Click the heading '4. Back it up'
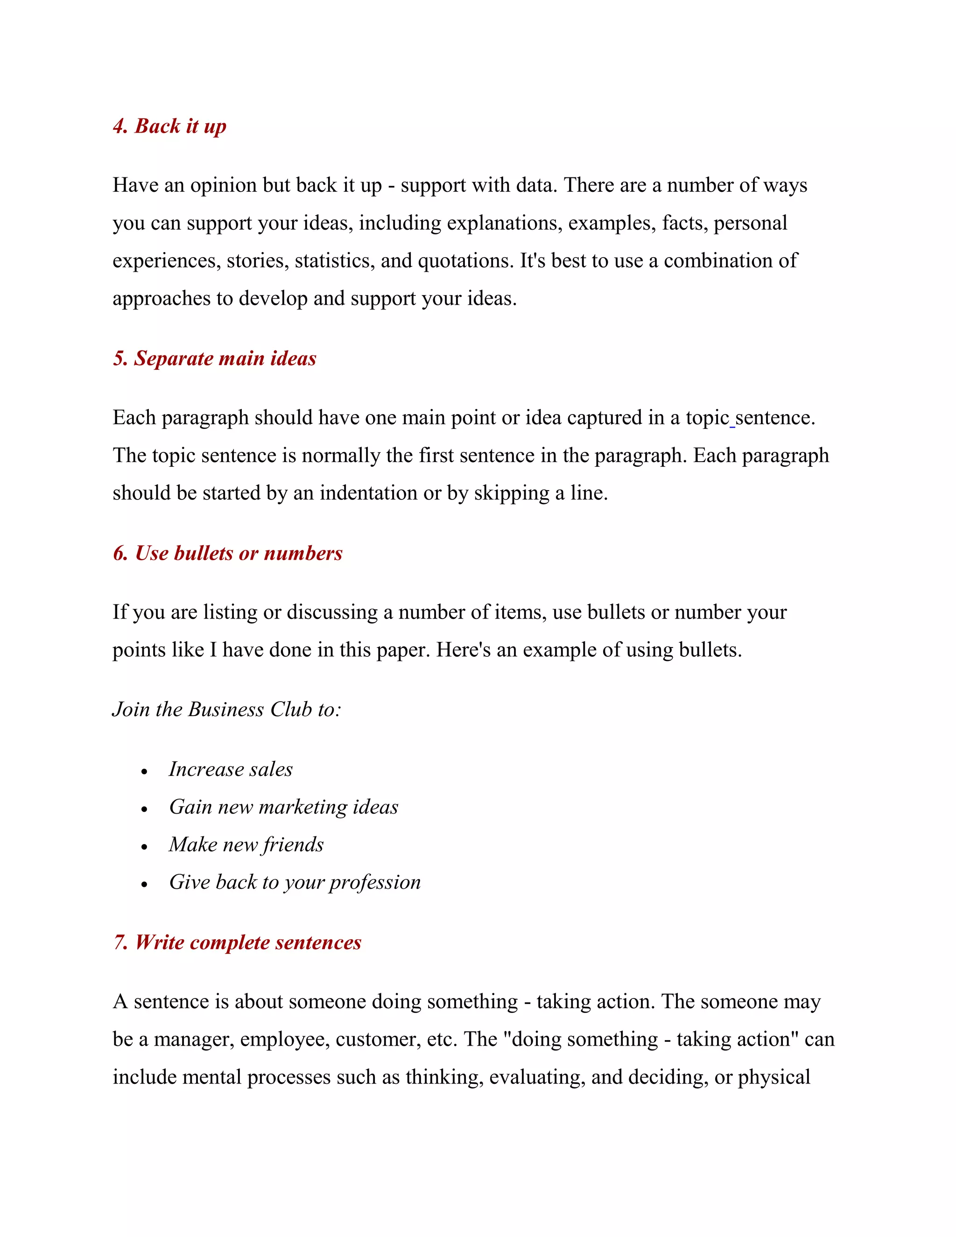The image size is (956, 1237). [169, 127]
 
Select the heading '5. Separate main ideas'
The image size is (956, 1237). [214, 358]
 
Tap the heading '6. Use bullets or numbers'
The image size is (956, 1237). [228, 553]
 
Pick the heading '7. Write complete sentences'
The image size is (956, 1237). [237, 942]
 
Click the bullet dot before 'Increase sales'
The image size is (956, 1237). [144, 772]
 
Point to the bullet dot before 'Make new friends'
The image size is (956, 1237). [144, 847]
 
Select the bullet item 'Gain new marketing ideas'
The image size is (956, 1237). [283, 807]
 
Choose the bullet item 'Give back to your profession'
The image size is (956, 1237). [295, 882]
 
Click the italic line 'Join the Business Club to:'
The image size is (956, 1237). [226, 710]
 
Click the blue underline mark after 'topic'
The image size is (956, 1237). [732, 426]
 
